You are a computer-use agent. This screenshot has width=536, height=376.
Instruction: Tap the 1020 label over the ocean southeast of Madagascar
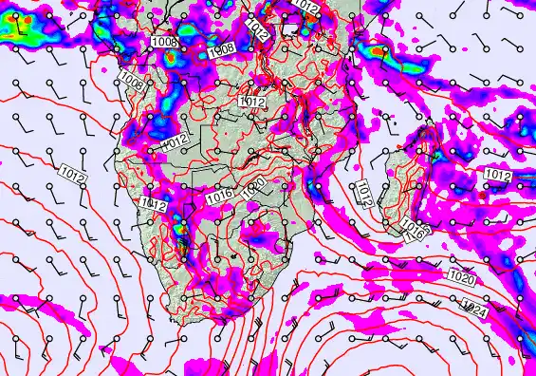(461, 278)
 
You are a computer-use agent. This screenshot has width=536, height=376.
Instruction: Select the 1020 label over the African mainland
(253, 187)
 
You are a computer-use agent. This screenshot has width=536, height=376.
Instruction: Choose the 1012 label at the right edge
(497, 175)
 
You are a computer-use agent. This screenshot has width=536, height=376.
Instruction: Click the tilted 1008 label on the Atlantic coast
(133, 85)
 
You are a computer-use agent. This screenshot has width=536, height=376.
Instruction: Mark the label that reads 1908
(222, 49)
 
